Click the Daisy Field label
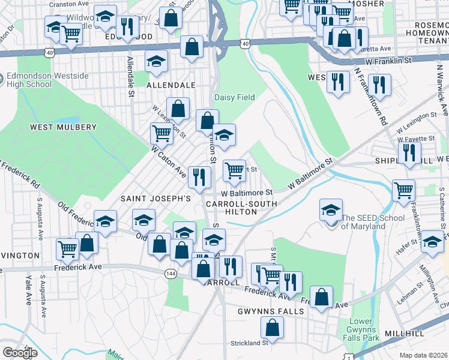pos(235,97)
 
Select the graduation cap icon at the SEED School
pos(331,211)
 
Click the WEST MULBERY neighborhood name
pos(63,127)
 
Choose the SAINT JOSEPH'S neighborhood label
pos(155,198)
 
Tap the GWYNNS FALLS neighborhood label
pos(271,312)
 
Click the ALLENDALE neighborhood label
pos(172,86)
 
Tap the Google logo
pos(20,353)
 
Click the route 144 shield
pos(170,273)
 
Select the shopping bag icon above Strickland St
pos(273,328)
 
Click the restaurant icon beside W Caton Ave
pos(199,177)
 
